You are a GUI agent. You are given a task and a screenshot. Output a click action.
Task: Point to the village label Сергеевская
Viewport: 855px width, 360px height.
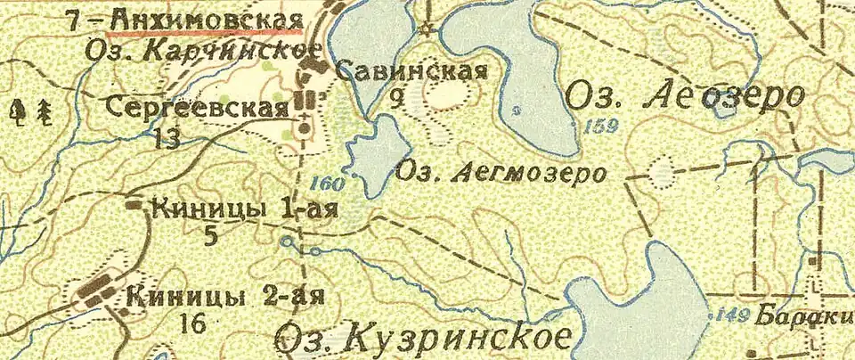197,108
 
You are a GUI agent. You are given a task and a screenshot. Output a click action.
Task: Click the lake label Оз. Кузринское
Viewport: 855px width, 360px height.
423,338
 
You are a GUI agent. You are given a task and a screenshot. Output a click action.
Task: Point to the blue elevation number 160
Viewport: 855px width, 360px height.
327,185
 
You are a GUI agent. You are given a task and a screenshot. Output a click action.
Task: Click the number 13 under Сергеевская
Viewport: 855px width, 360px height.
167,138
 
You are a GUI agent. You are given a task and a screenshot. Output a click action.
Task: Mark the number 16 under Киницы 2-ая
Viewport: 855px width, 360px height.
192,323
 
